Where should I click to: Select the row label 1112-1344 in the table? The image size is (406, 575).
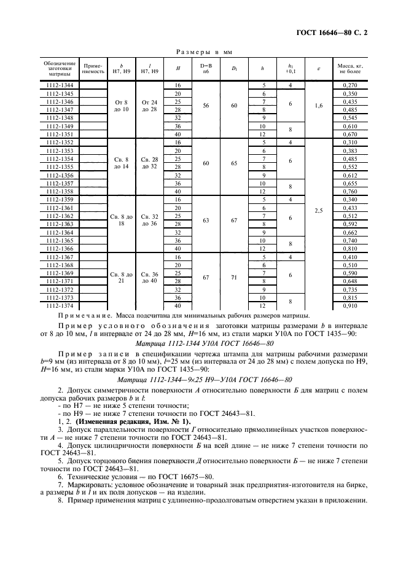click(x=59, y=85)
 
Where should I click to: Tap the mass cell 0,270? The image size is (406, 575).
click(x=349, y=85)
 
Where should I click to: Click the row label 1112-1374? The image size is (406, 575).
click(x=59, y=305)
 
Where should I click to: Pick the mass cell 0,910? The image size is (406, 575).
click(x=349, y=305)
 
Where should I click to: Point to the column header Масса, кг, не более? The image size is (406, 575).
click(x=349, y=68)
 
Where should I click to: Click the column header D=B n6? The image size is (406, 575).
click(x=206, y=68)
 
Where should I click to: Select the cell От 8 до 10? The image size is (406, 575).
click(x=120, y=105)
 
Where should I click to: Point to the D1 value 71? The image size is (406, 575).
click(x=233, y=277)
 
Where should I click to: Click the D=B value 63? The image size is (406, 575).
click(x=206, y=220)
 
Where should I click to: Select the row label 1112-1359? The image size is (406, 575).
click(x=59, y=200)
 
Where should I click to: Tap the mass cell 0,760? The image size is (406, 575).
click(x=349, y=191)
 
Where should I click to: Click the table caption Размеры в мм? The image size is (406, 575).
click(x=203, y=52)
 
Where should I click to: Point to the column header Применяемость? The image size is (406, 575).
click(x=93, y=68)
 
